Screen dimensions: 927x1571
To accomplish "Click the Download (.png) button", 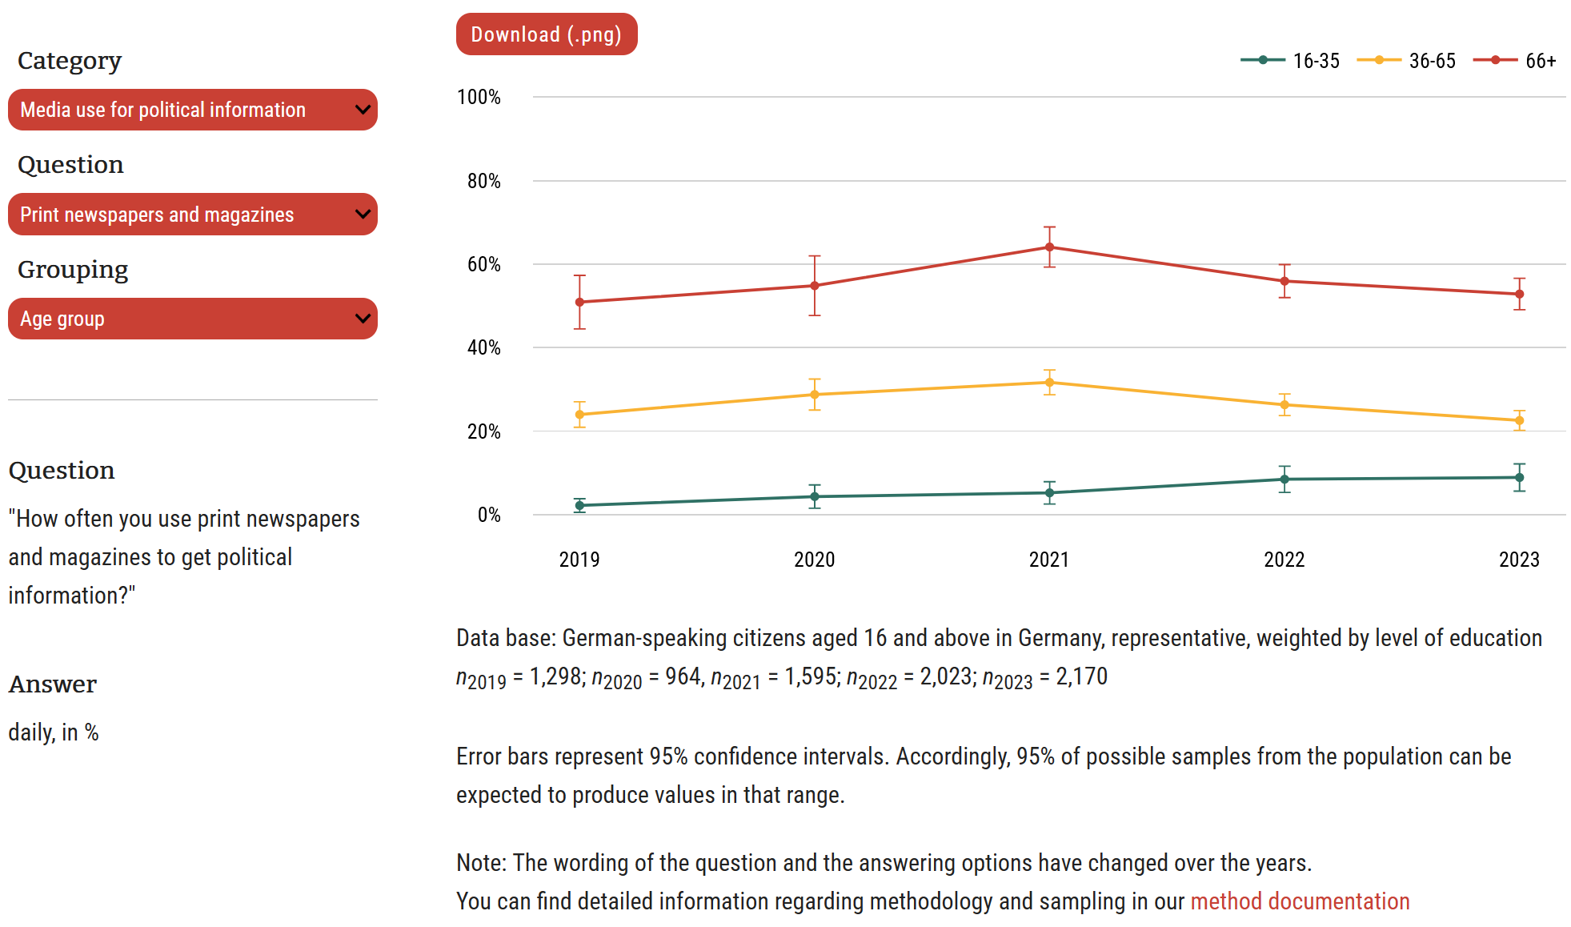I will point(546,34).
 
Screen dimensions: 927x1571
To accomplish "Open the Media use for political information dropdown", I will point(192,110).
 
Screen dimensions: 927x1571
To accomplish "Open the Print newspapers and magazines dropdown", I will point(192,215).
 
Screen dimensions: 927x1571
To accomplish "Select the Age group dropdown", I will point(192,319).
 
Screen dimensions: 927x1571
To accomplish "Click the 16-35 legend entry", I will point(1290,61).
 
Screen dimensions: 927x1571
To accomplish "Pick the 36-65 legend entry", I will point(1407,61).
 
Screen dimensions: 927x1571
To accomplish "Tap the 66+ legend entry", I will point(1515,61).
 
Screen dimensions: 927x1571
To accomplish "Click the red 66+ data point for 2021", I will point(1049,247).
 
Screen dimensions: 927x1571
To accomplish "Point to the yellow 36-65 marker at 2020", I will point(815,395).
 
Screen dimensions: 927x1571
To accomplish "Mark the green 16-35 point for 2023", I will point(1519,478).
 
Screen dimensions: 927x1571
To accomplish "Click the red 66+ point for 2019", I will point(580,303).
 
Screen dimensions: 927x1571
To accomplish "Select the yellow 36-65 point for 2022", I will point(1284,405).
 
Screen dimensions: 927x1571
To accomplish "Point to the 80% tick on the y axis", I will point(483,182).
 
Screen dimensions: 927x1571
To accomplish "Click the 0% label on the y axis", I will point(488,516).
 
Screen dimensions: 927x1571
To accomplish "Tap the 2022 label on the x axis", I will point(1284,560).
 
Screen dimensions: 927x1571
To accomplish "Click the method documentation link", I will point(1299,901).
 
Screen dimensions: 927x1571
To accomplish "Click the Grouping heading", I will point(73,270).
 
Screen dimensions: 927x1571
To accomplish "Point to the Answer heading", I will point(53,684).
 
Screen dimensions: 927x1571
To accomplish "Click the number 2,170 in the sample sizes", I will point(1081,677).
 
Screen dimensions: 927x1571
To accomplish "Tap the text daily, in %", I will point(54,732).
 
